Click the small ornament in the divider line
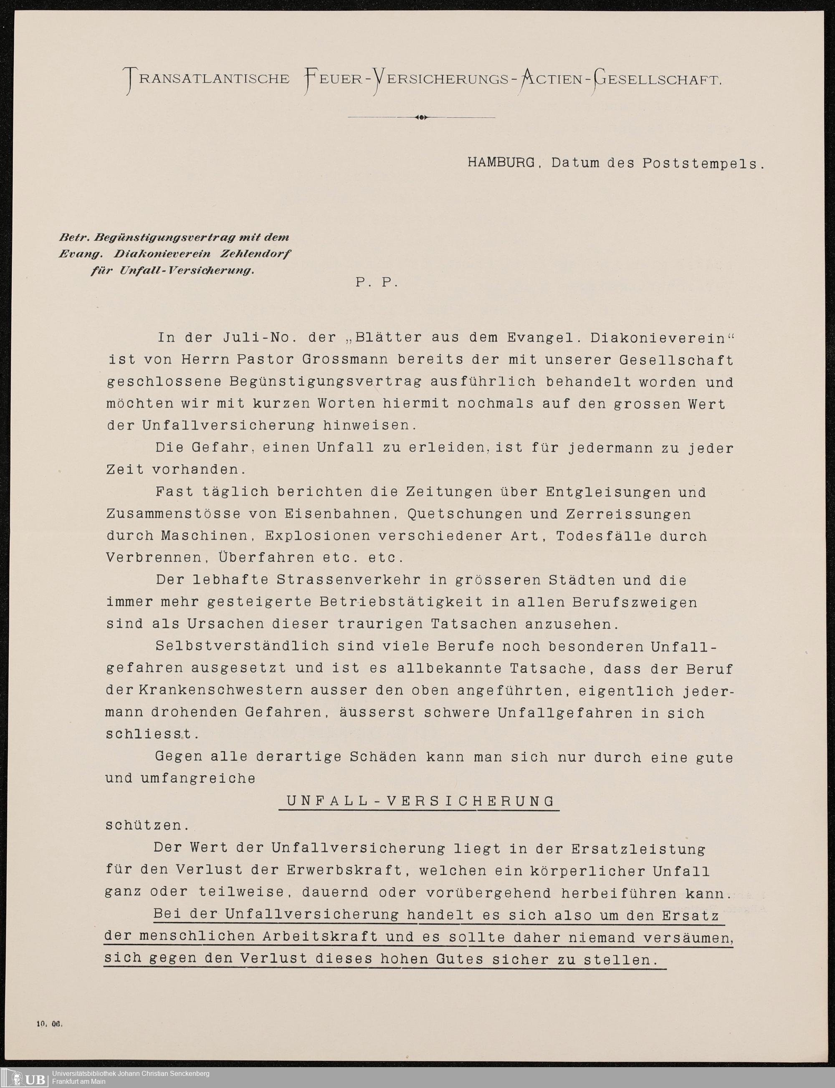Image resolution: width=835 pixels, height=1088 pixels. (421, 117)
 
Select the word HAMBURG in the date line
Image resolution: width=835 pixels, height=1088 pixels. (501, 162)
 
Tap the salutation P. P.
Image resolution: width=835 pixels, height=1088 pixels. (377, 282)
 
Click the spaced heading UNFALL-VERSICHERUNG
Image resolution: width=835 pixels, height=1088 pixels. (420, 801)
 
